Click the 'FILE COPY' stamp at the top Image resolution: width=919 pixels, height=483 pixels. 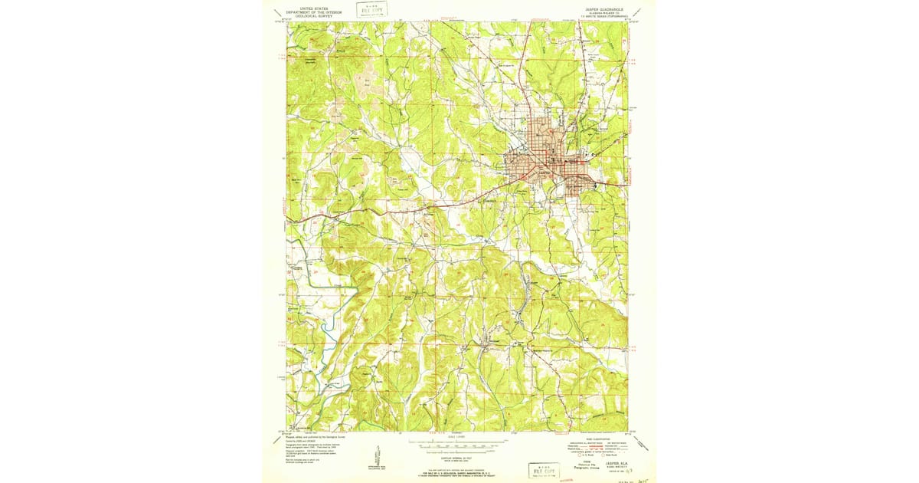pos(371,9)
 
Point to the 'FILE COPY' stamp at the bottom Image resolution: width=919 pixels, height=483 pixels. pos(543,469)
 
